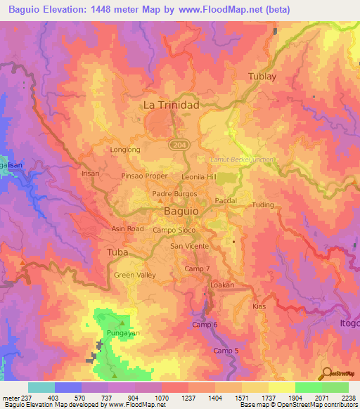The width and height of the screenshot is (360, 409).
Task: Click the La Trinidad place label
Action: tap(171, 105)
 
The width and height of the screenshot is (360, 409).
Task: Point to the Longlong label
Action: tap(126, 150)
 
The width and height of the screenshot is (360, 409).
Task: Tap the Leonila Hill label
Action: tap(199, 177)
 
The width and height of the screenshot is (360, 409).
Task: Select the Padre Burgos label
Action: tap(168, 193)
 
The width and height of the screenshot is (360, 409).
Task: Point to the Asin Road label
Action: tap(127, 229)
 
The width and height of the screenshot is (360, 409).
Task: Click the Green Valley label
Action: tap(135, 275)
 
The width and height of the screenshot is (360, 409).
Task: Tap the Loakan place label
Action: tap(222, 285)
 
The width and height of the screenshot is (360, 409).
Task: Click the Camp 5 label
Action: tap(226, 351)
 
